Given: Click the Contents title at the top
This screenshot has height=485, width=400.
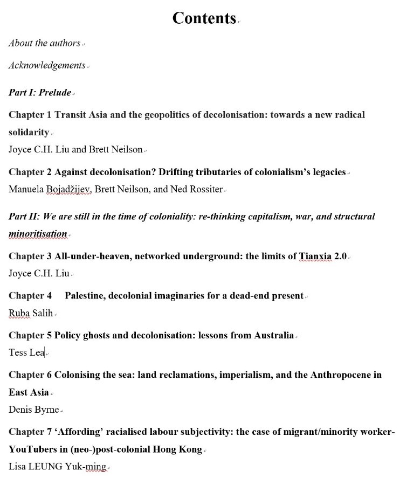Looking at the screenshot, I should pos(204,18).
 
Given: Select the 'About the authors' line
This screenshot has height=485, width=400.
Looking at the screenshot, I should pos(44,43).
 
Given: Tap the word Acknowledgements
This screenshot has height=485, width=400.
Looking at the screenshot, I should pos(47,65).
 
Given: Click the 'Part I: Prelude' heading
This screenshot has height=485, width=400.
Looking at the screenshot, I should pos(40,92).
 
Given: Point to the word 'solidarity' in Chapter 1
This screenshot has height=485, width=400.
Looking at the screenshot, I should pos(29,132).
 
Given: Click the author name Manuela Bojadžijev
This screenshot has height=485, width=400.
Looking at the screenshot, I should pos(49,189).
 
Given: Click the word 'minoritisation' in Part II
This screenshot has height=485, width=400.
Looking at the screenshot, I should pos(38,234).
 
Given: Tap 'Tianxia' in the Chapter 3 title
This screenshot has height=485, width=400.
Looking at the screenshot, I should pos(316,256).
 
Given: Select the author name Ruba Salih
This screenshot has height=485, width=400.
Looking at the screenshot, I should pos(31,313).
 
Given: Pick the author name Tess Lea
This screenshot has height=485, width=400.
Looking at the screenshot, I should pos(26,352).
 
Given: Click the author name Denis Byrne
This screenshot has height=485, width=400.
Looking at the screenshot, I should pos(33,410).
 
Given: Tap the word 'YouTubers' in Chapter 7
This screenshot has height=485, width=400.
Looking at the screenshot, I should pos(31,449).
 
